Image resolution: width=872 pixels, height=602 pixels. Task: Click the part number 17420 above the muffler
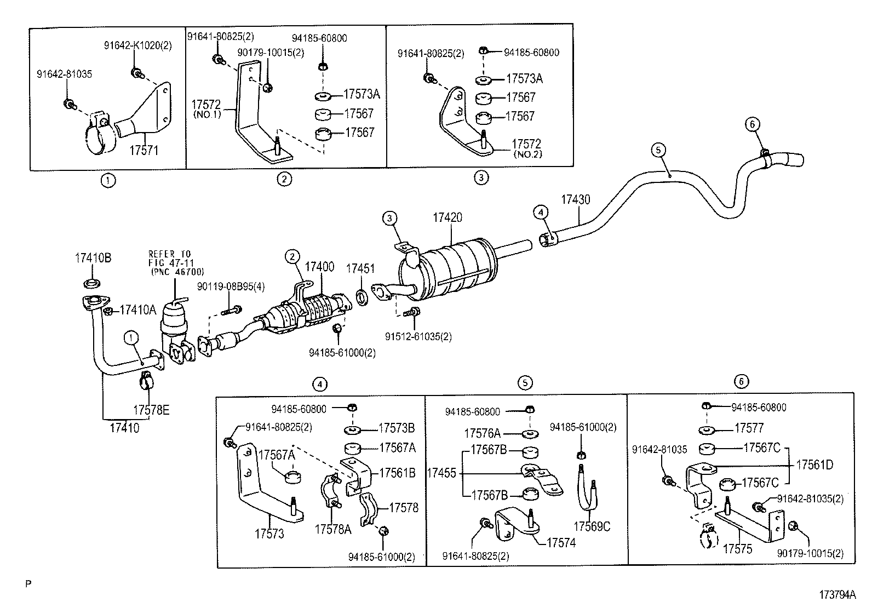(x=447, y=217)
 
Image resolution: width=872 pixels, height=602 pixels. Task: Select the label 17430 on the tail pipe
(x=575, y=199)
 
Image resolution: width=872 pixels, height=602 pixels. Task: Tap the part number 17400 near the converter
(x=319, y=267)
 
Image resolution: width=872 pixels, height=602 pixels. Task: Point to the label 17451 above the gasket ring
(x=360, y=268)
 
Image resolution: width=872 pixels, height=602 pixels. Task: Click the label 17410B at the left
(x=93, y=258)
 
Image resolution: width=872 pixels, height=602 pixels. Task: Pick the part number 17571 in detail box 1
(x=144, y=150)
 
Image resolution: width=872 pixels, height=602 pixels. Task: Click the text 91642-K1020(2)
(x=138, y=46)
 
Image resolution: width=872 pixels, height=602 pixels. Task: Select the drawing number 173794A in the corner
(x=837, y=594)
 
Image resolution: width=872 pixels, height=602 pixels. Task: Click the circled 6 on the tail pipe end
(x=753, y=125)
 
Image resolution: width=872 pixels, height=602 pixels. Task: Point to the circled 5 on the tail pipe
(x=659, y=149)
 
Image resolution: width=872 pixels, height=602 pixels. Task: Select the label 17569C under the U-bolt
(x=592, y=527)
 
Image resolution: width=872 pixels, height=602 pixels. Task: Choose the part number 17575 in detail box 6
(x=737, y=549)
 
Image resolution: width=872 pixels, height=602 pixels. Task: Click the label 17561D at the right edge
(x=814, y=465)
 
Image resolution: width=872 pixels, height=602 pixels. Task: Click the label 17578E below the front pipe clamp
(x=151, y=410)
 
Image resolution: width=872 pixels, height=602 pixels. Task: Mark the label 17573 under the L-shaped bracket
(x=269, y=533)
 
